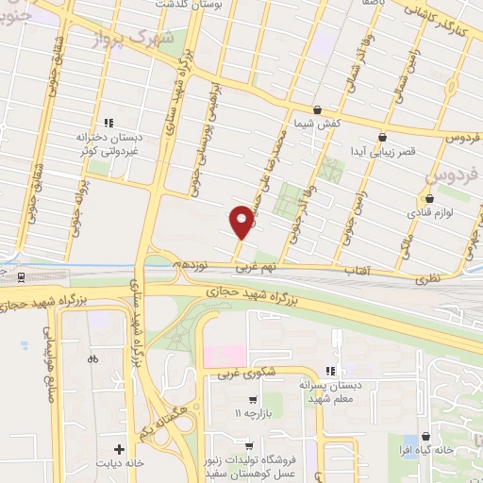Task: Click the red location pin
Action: point(241,222)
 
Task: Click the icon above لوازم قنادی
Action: point(429,198)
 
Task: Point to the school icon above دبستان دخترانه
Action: point(108,122)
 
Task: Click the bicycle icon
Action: point(92,358)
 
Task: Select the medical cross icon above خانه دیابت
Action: point(119,449)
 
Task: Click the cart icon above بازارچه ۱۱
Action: point(252,400)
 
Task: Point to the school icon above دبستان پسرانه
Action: point(329,371)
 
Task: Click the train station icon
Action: point(21,277)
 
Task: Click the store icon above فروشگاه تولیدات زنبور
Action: point(248,445)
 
